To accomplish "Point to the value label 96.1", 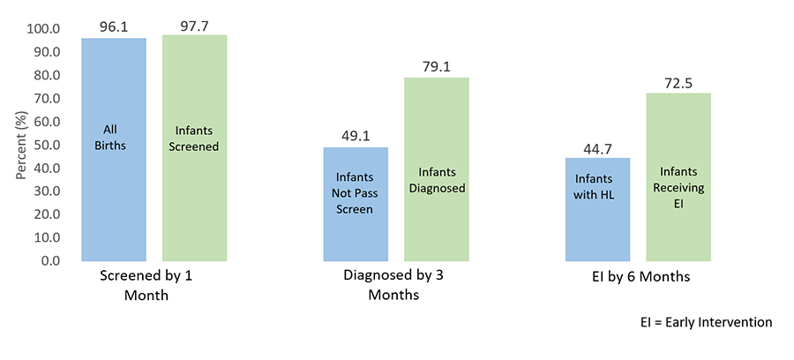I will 114,26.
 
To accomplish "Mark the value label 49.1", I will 356,136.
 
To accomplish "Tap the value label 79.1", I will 436,66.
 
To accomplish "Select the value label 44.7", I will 597,146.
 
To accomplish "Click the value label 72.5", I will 678,82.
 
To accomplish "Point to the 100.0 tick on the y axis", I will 43,28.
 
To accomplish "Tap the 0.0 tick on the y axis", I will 50,261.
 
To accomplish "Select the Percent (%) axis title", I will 20,144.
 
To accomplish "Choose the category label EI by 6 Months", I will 640,277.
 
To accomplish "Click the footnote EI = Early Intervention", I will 706,323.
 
